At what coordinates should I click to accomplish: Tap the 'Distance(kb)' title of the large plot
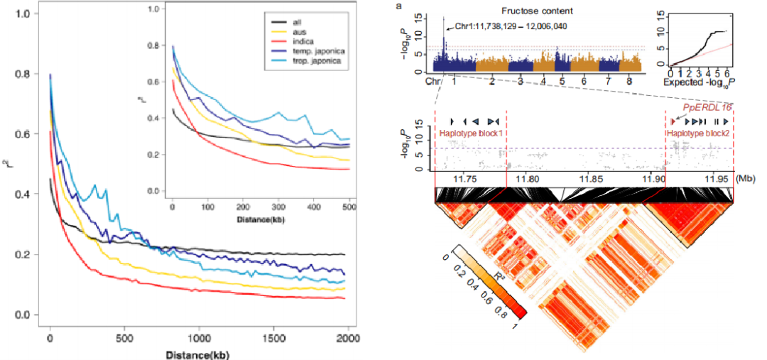(x=198, y=353)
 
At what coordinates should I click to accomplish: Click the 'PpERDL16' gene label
(x=708, y=107)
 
